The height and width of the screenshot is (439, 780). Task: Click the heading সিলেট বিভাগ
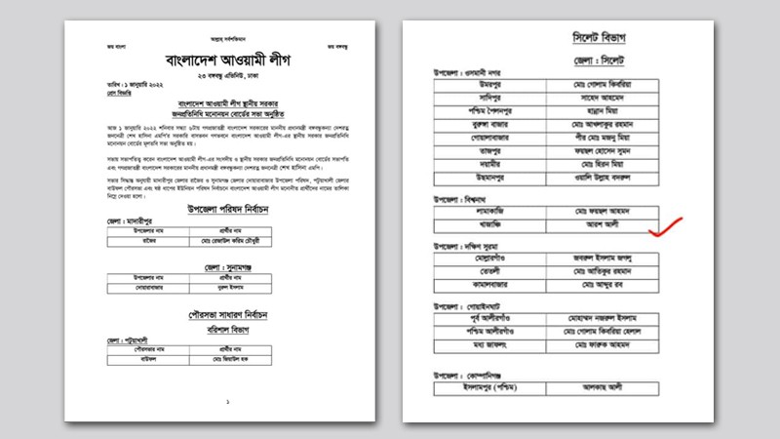[598, 38]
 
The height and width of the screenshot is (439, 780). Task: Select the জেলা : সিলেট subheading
[597, 61]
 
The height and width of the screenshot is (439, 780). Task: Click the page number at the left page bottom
[226, 401]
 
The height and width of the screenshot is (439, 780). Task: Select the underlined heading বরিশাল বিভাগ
[226, 329]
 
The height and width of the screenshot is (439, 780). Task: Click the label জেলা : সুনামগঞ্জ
[226, 264]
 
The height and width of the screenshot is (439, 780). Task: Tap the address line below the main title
[226, 73]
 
